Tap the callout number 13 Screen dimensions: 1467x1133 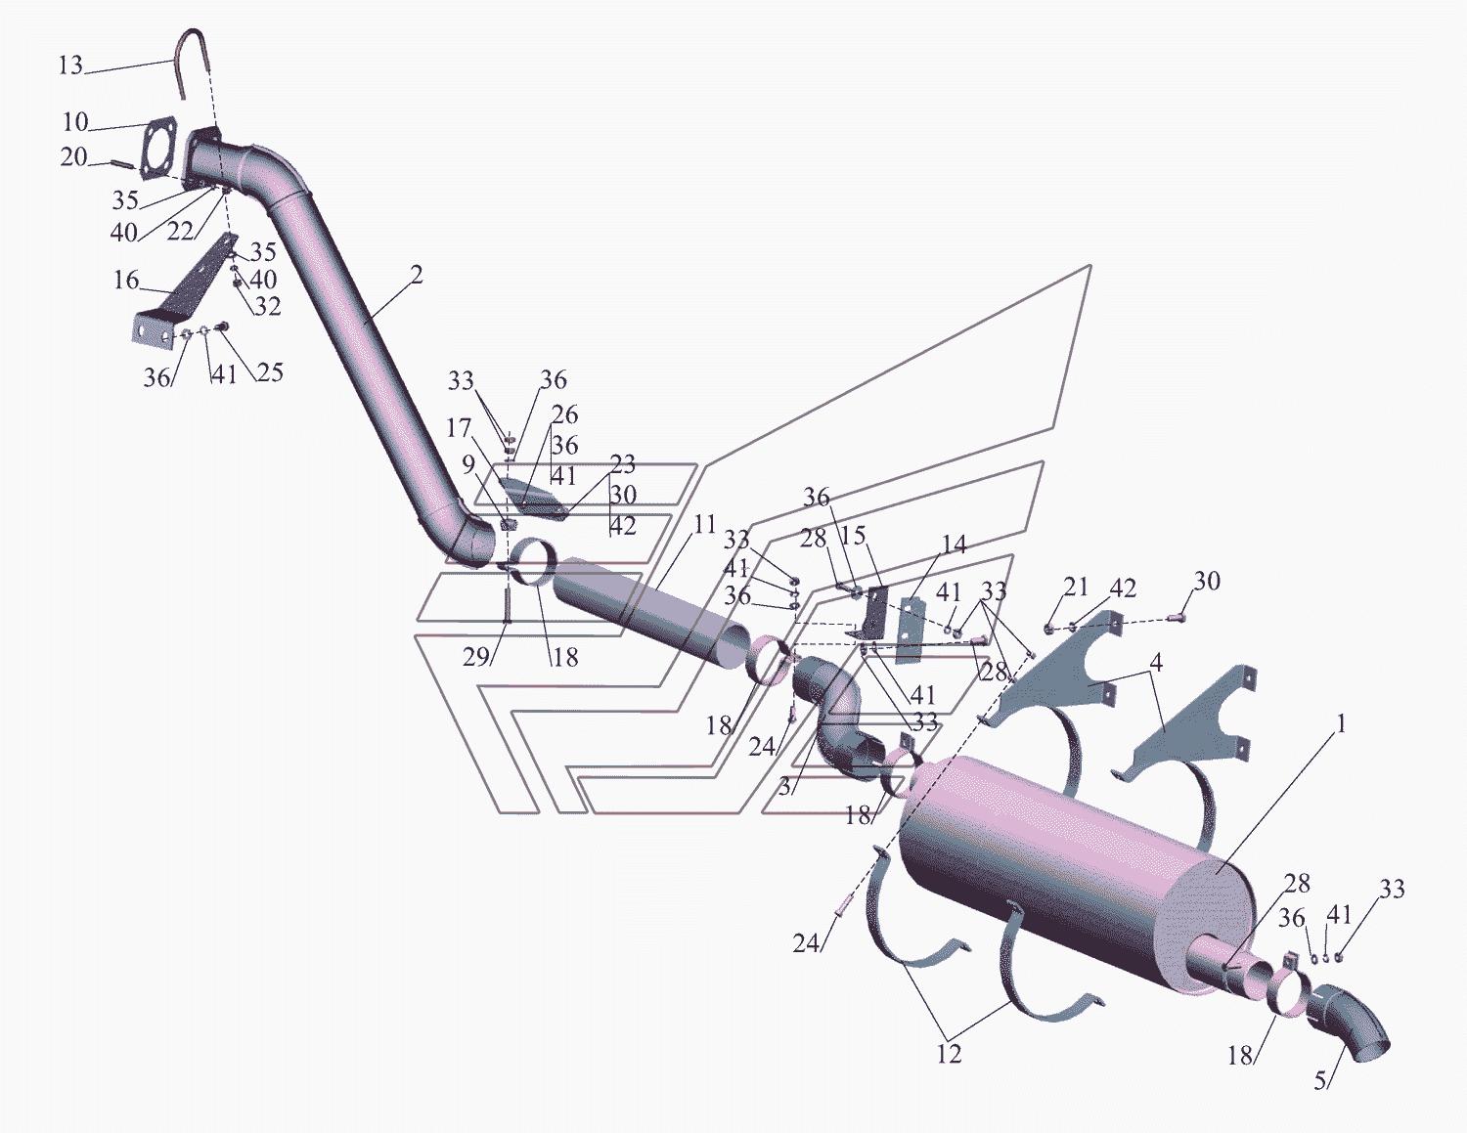click(x=70, y=66)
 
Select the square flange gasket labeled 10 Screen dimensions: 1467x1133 click(x=159, y=146)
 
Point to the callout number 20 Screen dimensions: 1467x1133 click(x=73, y=158)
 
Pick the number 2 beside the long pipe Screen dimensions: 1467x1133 click(x=417, y=276)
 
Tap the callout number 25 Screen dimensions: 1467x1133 click(x=269, y=371)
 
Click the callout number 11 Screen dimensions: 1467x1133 click(x=704, y=524)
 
